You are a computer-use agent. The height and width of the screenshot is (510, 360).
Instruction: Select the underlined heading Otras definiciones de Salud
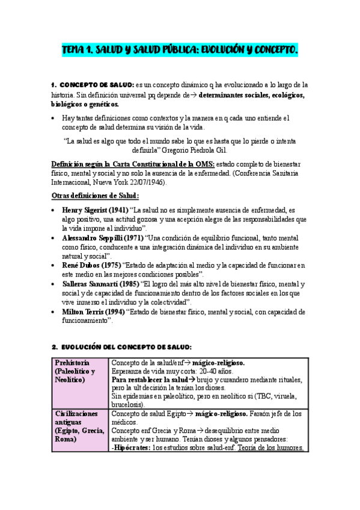(95, 195)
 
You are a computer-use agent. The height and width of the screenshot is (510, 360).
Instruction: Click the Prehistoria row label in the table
(73, 363)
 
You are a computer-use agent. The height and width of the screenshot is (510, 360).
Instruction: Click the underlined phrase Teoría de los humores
(271, 447)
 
